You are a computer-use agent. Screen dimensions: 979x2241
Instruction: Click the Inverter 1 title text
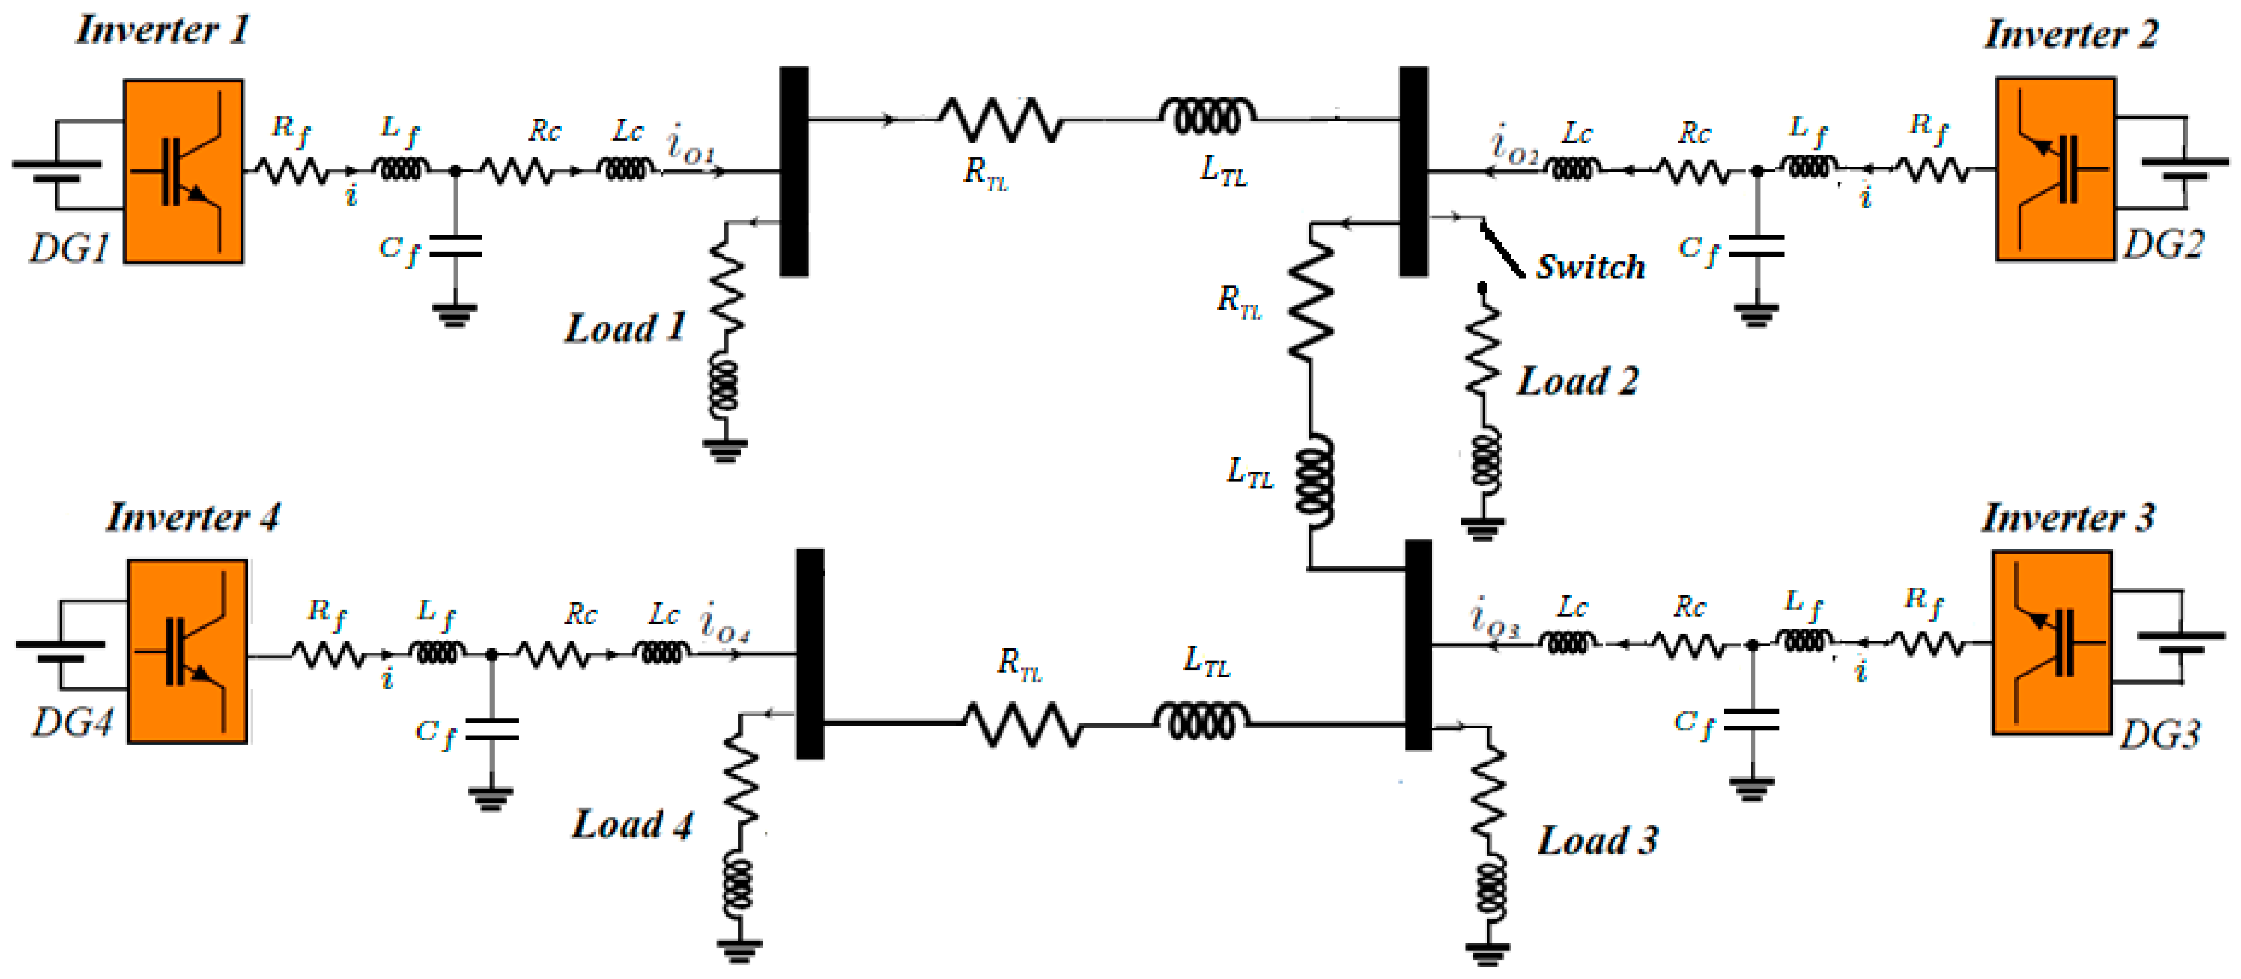163,30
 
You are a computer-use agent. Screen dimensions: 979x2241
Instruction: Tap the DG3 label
2159,736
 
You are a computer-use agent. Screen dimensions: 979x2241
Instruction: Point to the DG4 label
73,722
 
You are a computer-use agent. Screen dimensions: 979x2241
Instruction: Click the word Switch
1590,267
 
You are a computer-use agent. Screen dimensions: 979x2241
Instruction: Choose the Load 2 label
1577,381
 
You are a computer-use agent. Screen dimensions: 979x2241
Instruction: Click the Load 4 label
631,824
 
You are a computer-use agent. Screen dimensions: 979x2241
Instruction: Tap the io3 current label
1494,620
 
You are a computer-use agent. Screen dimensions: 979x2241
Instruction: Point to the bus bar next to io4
810,653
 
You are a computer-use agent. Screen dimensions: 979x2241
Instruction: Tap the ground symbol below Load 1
725,450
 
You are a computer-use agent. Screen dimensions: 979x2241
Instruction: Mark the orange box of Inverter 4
187,651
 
